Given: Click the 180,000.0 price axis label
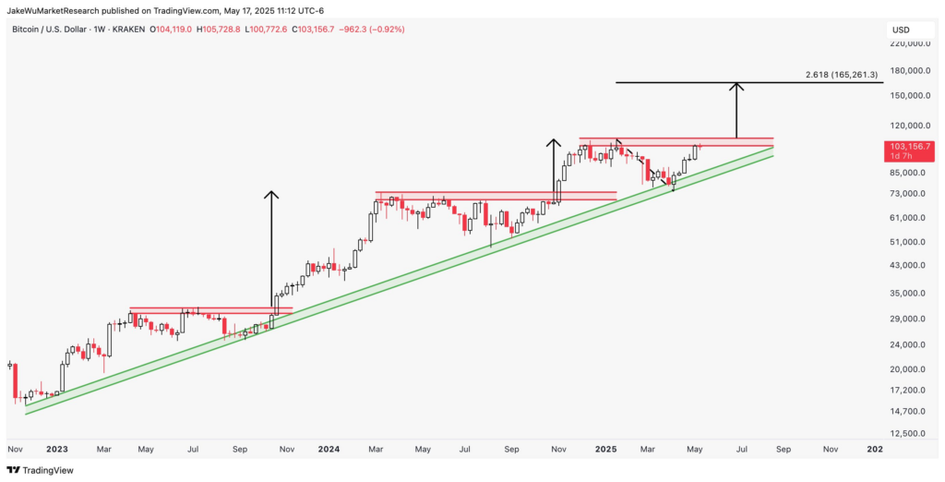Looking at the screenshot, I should pyautogui.click(x=907, y=71).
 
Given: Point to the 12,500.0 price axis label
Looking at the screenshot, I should pyautogui.click(x=907, y=433).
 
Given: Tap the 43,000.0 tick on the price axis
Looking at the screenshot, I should pyautogui.click(x=907, y=266).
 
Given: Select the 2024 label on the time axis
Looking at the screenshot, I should pyautogui.click(x=329, y=449).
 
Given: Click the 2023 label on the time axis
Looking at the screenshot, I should pyautogui.click(x=56, y=449).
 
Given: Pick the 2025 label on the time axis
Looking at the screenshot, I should pyautogui.click(x=605, y=449).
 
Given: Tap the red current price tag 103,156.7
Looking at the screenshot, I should pyautogui.click(x=909, y=147).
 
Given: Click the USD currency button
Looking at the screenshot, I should pyautogui.click(x=900, y=30).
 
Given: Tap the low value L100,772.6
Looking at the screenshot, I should pyautogui.click(x=267, y=30).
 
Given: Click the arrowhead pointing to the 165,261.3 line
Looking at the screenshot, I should pyautogui.click(x=736, y=86).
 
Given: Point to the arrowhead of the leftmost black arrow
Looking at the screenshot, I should pyautogui.click(x=270, y=194).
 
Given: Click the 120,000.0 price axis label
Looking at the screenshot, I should pyautogui.click(x=907, y=126).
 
